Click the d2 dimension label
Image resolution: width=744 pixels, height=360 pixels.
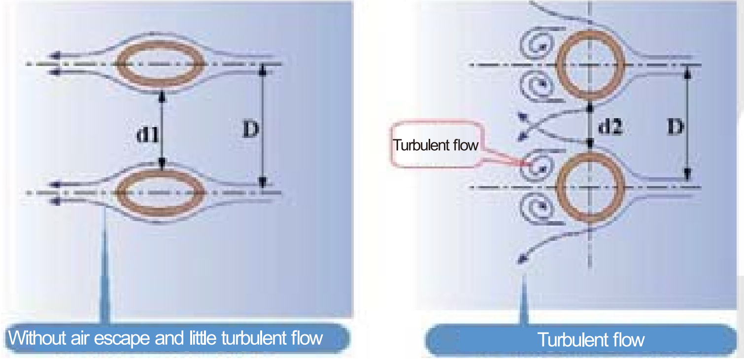(609, 127)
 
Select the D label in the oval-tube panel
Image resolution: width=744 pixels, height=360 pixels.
(250, 130)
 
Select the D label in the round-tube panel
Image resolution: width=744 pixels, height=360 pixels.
(676, 127)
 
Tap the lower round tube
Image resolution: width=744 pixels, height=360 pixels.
(590, 187)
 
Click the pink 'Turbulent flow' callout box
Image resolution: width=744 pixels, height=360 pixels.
(436, 145)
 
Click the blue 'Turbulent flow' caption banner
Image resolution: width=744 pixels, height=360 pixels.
(590, 339)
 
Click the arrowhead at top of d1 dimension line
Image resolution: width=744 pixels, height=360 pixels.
(162, 98)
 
